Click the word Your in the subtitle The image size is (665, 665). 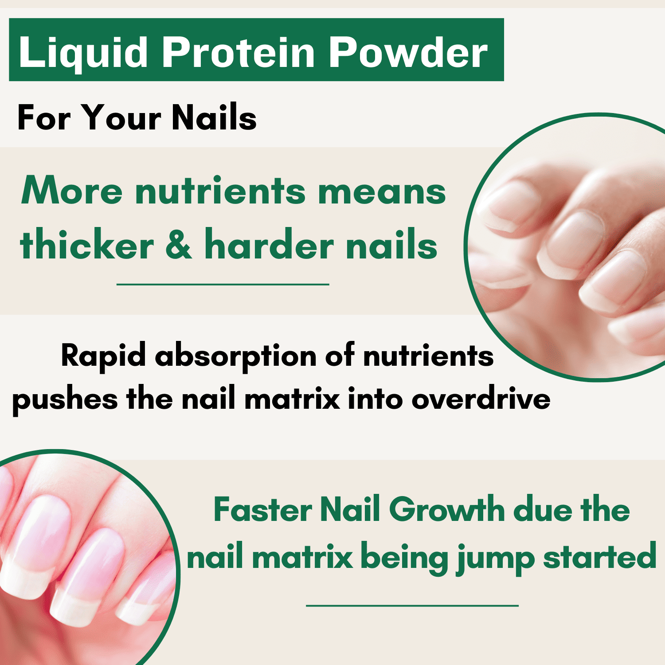[122, 118]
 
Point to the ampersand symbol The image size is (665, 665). [179, 244]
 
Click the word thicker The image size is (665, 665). [87, 244]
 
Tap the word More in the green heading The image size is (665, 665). [71, 191]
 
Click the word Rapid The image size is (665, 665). [103, 356]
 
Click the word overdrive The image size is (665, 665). [481, 399]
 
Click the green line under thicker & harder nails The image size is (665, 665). [223, 284]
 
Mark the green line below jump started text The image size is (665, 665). [412, 605]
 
